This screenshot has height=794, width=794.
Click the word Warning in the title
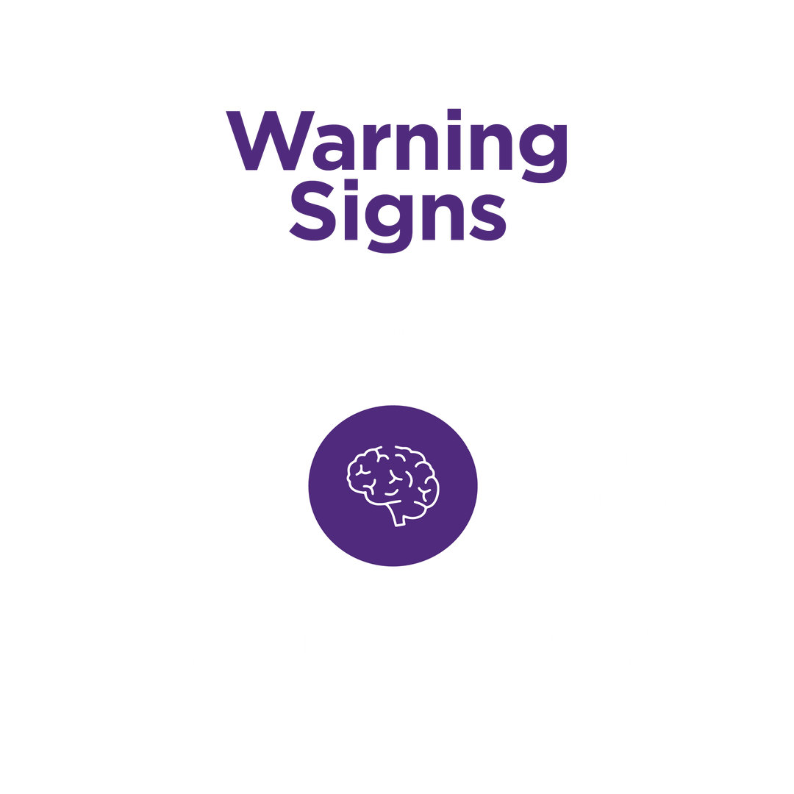pyautogui.click(x=397, y=141)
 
